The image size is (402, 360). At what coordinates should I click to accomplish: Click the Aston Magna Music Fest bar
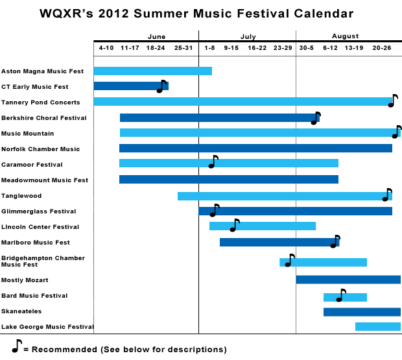click(x=153, y=71)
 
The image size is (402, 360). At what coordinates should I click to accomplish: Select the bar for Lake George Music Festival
click(x=378, y=326)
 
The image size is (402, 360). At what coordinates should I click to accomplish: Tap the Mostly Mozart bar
click(x=348, y=280)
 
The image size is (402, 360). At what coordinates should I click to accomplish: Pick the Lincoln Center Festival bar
click(x=263, y=226)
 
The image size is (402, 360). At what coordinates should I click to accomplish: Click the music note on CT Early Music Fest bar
click(x=161, y=86)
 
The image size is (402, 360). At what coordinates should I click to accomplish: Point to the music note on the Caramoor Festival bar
click(x=213, y=162)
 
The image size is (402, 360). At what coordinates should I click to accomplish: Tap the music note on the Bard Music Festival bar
click(x=341, y=295)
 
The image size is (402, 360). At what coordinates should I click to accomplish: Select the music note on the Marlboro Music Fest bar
click(x=335, y=241)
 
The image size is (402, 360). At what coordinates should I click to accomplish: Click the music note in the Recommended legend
click(x=17, y=346)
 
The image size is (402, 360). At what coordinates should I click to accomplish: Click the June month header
click(x=157, y=37)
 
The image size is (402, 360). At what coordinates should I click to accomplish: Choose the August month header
click(x=346, y=36)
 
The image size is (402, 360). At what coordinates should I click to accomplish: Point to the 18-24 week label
click(x=156, y=48)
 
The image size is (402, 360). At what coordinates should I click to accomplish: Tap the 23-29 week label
click(x=283, y=48)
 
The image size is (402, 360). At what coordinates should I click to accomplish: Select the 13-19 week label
click(x=354, y=48)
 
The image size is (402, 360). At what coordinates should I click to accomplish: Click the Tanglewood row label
click(x=21, y=196)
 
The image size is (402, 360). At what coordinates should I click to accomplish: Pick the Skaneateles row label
click(x=21, y=311)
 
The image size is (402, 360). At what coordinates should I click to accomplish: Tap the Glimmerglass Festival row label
click(x=39, y=211)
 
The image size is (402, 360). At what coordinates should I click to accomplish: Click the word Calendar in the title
click(x=324, y=14)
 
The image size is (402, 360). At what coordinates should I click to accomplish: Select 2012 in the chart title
click(x=113, y=14)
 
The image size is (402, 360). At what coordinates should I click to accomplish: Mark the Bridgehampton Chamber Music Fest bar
click(x=323, y=262)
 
